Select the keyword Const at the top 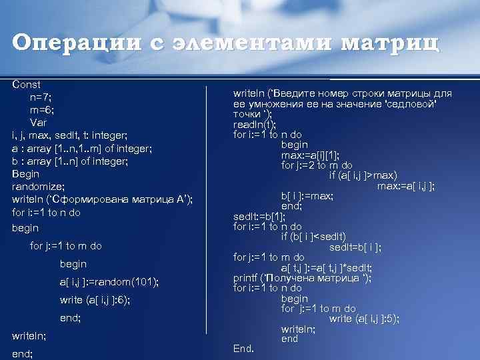click(26, 85)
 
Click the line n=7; click(41, 97)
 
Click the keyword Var click(39, 123)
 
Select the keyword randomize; click(36, 187)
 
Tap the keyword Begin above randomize click(26, 174)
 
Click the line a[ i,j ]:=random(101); click(109, 282)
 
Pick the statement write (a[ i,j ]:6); click(95, 300)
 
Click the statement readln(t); click(255, 124)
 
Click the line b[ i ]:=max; click(307, 196)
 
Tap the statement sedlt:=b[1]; click(259, 217)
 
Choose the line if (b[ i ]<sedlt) click(322, 237)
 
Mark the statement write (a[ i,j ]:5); click(364, 319)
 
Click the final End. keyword click(243, 348)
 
